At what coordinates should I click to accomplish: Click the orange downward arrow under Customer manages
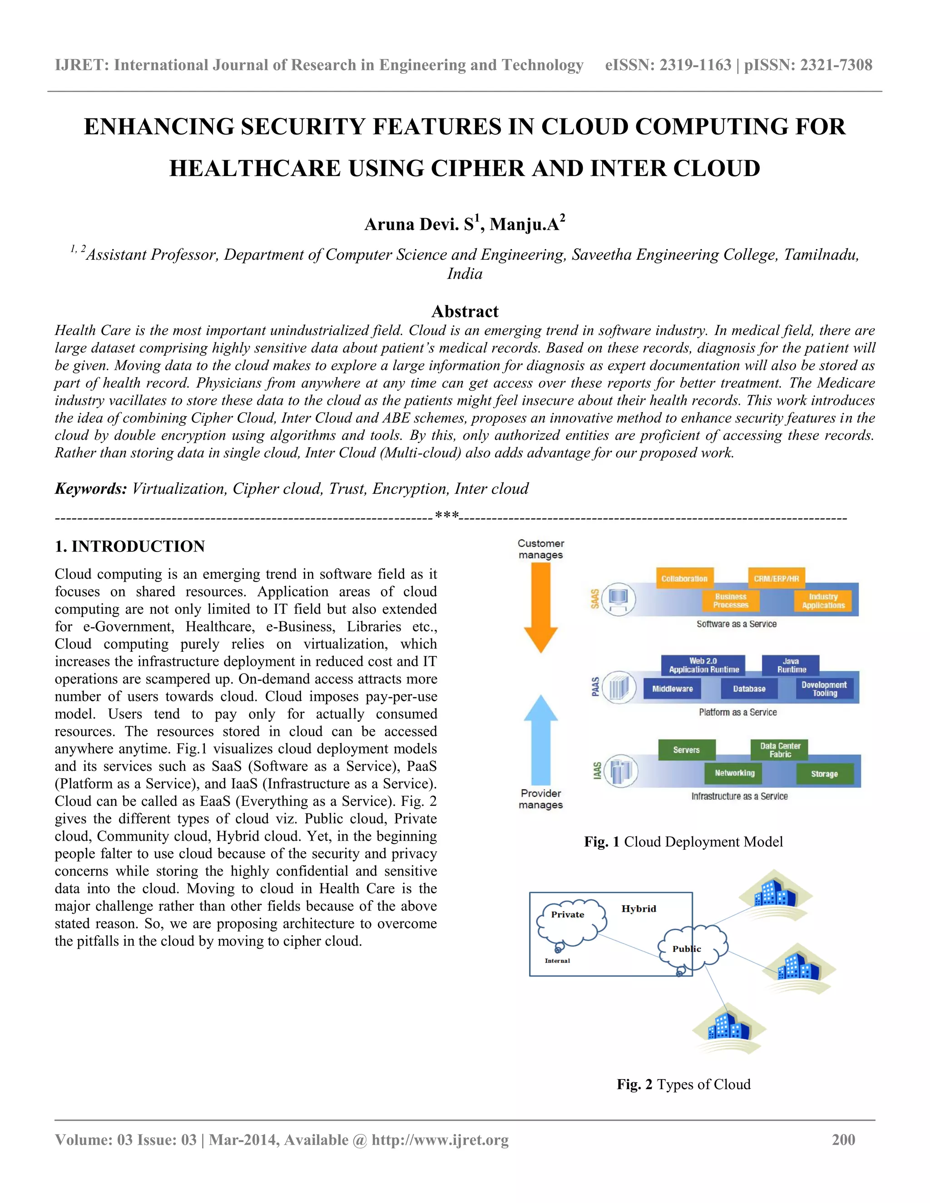(x=540, y=606)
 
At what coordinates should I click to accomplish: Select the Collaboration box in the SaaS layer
(x=684, y=578)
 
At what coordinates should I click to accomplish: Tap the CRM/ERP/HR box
(x=776, y=578)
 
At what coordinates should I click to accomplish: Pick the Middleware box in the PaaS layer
(x=672, y=689)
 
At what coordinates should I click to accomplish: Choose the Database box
(x=749, y=689)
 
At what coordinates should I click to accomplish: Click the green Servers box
(x=686, y=749)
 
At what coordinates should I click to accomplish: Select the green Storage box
(x=824, y=774)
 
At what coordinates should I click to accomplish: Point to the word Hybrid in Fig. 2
(x=638, y=909)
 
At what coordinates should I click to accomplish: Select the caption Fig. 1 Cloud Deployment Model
(x=683, y=842)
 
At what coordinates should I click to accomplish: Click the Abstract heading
(x=465, y=311)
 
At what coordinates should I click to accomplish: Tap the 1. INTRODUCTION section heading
(x=129, y=547)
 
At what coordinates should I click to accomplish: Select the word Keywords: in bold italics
(x=91, y=488)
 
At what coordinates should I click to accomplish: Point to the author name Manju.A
(x=524, y=224)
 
